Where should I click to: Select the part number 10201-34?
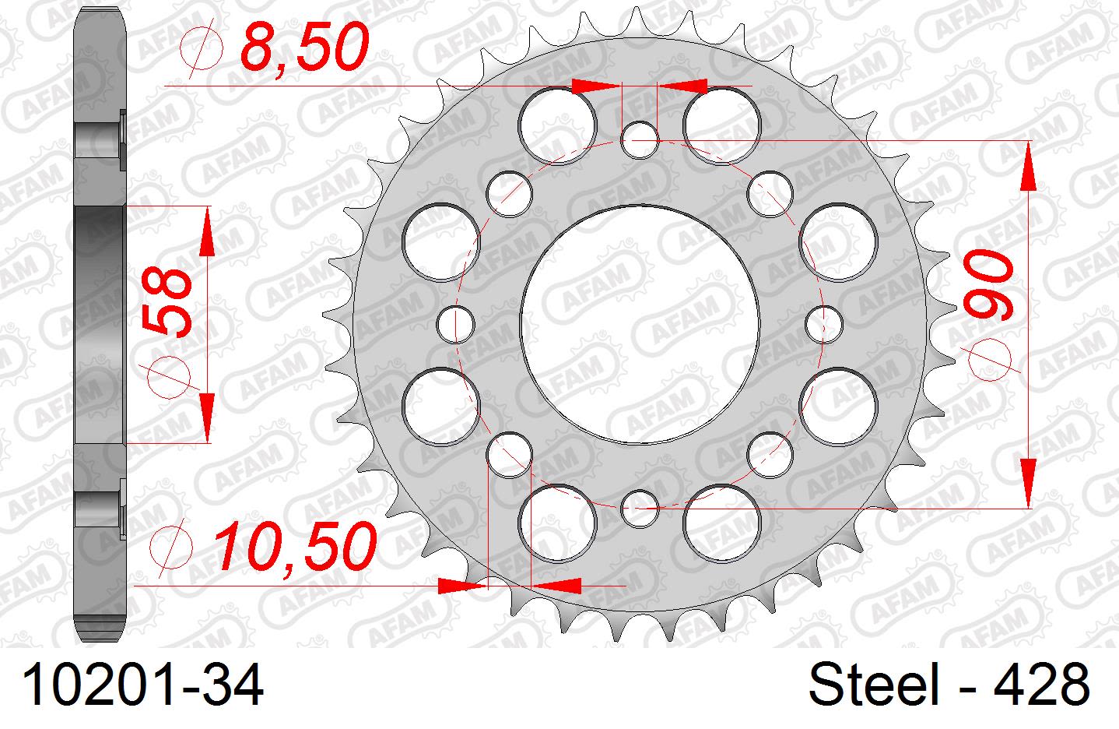(144, 686)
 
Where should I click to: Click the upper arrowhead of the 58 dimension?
(207, 232)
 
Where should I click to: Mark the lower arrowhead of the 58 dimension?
(207, 417)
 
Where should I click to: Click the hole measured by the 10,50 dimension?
(509, 453)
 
